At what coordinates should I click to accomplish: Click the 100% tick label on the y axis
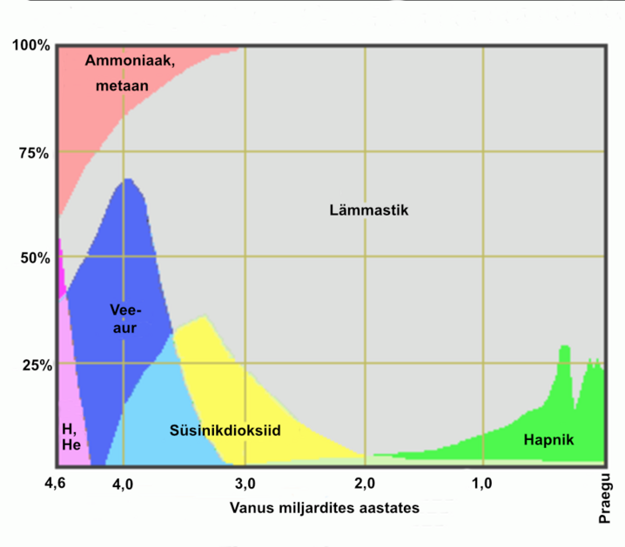[30, 46]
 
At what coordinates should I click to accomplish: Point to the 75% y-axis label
[34, 153]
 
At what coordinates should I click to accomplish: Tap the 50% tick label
[34, 258]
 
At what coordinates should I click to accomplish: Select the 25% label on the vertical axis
[34, 364]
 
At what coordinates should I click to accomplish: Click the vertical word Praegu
[607, 497]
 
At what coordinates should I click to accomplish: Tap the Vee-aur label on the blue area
[127, 318]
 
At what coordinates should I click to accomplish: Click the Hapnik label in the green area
[549, 440]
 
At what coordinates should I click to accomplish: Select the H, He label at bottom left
[70, 437]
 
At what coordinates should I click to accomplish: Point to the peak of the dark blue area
[129, 182]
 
